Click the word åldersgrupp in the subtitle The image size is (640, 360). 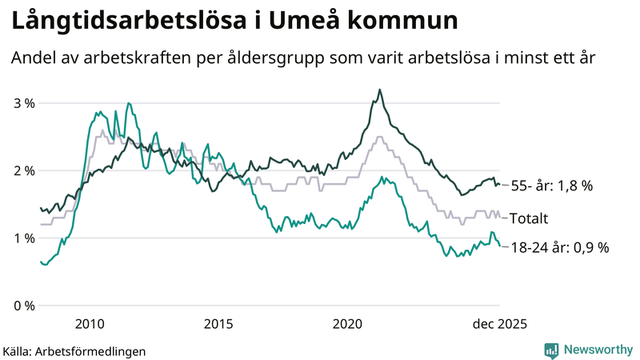[x=291, y=59]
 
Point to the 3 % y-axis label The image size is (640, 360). [x=24, y=103]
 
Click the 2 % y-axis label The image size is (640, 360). [x=24, y=170]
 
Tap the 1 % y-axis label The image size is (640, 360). [x=24, y=238]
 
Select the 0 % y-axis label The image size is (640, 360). [x=24, y=306]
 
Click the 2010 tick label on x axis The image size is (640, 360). [x=90, y=324]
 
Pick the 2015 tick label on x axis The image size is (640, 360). [x=218, y=324]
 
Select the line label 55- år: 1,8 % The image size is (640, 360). [x=551, y=186]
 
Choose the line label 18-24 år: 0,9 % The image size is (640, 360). [x=559, y=247]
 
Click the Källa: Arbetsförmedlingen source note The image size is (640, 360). [x=75, y=350]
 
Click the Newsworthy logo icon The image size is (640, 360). [x=551, y=350]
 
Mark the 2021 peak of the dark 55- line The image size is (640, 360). [x=379, y=90]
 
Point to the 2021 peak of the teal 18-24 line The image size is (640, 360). [x=382, y=177]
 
